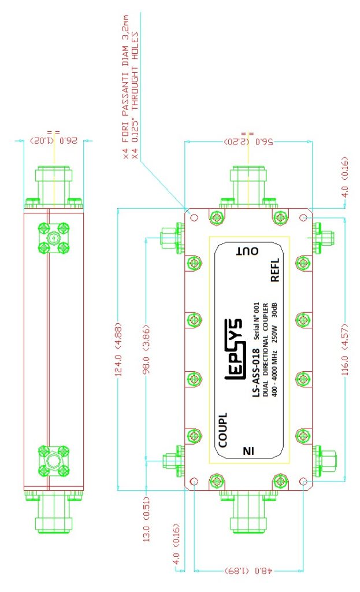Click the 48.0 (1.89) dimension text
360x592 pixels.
tap(247, 569)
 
